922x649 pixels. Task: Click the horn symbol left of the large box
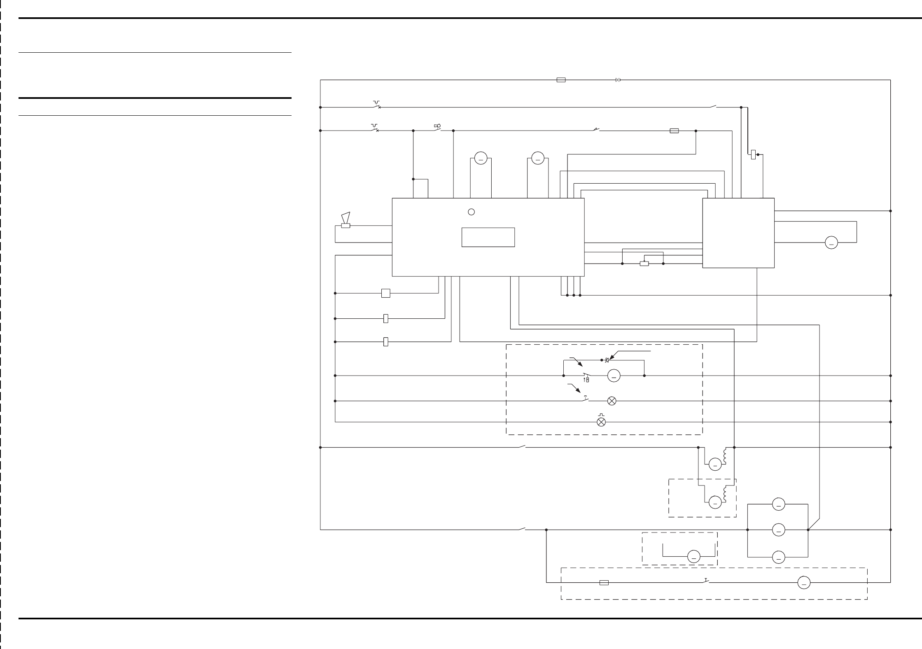click(x=345, y=221)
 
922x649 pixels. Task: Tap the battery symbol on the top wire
click(x=618, y=80)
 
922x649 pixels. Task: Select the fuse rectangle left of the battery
click(x=561, y=80)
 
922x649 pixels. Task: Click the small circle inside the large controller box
click(x=472, y=212)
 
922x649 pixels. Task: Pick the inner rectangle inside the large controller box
click(x=488, y=237)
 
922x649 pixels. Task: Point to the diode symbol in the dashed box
click(x=607, y=360)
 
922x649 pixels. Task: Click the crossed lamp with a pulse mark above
click(x=601, y=422)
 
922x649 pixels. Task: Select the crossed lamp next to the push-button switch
click(x=612, y=401)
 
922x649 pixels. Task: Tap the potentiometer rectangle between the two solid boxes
click(x=644, y=264)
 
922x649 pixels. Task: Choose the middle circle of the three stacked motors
click(x=778, y=530)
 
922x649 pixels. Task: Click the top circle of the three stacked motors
click(x=778, y=504)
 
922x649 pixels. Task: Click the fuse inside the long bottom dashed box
click(x=604, y=583)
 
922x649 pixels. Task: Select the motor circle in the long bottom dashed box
click(x=804, y=583)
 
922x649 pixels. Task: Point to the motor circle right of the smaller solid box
click(x=831, y=243)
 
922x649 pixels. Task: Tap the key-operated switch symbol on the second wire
click(x=437, y=129)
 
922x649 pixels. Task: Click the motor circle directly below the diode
click(x=614, y=376)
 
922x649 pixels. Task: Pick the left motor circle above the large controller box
click(x=481, y=158)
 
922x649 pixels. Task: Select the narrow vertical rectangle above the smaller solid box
click(x=753, y=155)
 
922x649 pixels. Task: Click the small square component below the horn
click(x=385, y=293)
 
